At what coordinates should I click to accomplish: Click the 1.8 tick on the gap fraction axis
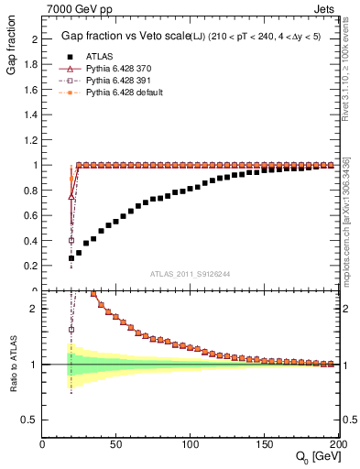coord(29,65)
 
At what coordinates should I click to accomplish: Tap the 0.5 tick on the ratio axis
coord(29,419)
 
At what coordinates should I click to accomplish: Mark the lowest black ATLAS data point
coord(71,258)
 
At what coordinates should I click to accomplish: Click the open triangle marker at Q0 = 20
coord(71,196)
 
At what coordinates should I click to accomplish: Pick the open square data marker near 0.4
coord(71,241)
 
